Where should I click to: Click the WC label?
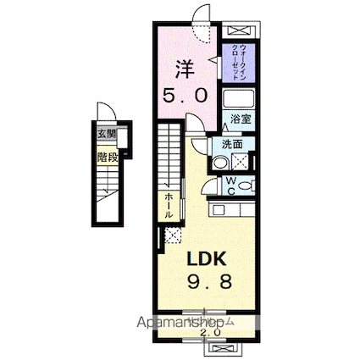[x=231, y=183]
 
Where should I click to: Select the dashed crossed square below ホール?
[x=172, y=235]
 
